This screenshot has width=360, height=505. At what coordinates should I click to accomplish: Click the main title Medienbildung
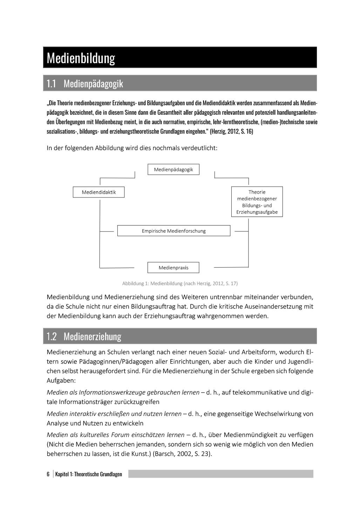point(81,58)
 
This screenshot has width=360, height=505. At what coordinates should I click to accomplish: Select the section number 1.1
point(51,84)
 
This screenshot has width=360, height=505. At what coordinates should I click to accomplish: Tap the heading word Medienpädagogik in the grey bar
point(93,84)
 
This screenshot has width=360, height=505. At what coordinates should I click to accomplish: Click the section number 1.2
point(52,337)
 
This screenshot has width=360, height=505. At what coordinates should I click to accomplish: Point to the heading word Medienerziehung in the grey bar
point(93,337)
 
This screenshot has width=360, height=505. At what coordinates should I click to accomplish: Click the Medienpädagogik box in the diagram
point(174,169)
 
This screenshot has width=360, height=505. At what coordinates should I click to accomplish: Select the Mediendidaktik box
point(99,192)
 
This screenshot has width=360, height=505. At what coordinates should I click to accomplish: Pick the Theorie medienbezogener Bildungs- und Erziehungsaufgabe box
point(257,202)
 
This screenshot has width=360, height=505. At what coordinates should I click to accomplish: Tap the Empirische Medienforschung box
point(174,231)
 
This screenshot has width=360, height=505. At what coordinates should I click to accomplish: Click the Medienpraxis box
point(174,268)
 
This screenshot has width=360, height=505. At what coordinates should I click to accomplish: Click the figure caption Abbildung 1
point(180,283)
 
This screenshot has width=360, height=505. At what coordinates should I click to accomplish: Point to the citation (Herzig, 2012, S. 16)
point(231,132)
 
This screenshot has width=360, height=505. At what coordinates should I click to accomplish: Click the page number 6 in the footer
point(48,474)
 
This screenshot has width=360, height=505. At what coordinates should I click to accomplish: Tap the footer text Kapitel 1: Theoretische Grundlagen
point(89,474)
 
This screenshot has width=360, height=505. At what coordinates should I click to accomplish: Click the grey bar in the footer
point(220,474)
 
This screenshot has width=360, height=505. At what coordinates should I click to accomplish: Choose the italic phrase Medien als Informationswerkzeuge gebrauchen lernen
point(123,392)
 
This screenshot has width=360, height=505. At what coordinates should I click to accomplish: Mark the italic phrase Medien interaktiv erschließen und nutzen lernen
point(114,414)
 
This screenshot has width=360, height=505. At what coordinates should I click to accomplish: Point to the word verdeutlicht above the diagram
point(199,148)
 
